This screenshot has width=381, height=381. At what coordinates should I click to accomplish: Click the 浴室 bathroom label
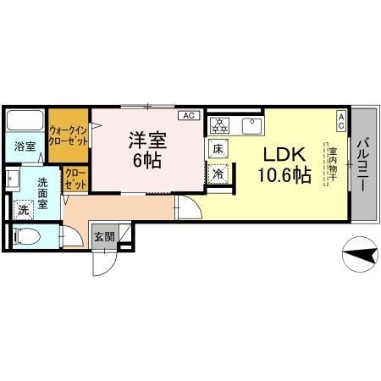(25, 146)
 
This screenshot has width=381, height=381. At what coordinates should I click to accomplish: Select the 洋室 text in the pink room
(146, 138)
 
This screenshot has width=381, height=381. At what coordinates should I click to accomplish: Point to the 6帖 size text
(146, 160)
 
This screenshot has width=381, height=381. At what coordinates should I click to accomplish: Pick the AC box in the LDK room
(341, 120)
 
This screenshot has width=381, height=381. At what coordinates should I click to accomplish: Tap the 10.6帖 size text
(283, 177)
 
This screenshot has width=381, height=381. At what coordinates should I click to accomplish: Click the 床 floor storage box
(218, 148)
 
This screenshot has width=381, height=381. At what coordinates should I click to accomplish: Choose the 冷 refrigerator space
(218, 174)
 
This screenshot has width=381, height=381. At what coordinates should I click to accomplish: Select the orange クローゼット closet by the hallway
(75, 179)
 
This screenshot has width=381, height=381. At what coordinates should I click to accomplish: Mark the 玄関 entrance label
(104, 236)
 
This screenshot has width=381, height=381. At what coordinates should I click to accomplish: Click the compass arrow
(360, 251)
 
